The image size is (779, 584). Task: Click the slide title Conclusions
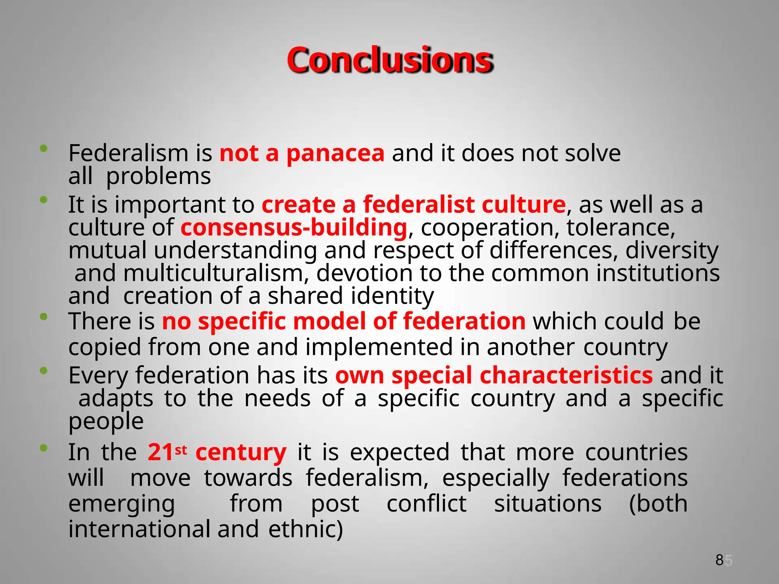390,60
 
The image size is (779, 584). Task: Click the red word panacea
335,154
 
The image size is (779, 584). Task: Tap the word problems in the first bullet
158,177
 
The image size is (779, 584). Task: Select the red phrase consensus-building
294,228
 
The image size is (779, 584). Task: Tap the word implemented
379,347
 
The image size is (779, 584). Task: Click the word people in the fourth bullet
106,421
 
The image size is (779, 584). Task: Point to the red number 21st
167,452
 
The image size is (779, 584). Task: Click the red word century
241,452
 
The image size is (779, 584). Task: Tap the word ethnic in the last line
305,529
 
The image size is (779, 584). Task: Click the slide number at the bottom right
723,560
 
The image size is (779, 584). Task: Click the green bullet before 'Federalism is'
44,148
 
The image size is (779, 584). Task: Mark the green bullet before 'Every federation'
44,370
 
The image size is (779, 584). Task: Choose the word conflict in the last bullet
426,504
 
